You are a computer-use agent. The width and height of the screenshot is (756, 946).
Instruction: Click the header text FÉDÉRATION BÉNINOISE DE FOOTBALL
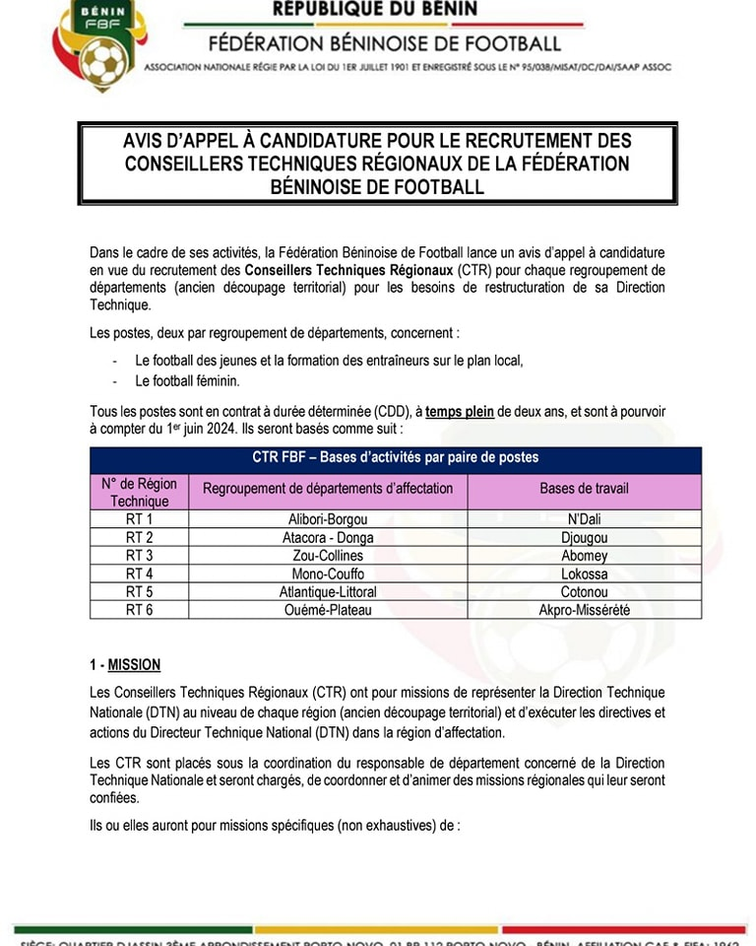coord(384,43)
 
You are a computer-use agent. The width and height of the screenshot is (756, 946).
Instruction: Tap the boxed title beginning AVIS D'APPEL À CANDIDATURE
coord(378,164)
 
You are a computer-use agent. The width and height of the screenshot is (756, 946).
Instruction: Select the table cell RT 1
coord(139,519)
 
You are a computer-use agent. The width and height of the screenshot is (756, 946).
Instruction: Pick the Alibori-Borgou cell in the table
coord(328,519)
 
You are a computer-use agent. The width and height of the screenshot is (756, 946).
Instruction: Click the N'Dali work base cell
coord(584,519)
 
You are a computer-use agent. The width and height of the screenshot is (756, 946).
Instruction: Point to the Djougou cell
coord(584,538)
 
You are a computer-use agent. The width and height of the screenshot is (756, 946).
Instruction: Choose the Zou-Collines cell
coord(328,556)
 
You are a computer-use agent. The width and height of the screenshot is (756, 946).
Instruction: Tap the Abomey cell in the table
coord(584,556)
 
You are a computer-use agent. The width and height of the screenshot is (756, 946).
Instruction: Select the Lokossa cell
coord(584,574)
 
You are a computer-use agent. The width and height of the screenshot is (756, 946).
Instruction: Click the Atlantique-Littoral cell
coord(328,592)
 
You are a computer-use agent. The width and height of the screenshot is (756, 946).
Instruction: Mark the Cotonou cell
coord(584,592)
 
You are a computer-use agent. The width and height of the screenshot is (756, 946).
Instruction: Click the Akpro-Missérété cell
coord(584,610)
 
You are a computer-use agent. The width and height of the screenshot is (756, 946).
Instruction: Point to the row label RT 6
coord(139,610)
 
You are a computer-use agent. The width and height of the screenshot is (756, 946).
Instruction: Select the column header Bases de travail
coord(584,488)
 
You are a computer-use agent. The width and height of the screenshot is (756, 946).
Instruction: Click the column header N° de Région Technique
coord(139,492)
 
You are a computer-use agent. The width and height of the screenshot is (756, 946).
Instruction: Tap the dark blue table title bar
coord(396,458)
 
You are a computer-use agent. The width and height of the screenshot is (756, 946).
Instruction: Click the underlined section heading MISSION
coord(134,665)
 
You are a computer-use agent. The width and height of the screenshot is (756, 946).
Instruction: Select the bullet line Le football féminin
coord(187,380)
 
